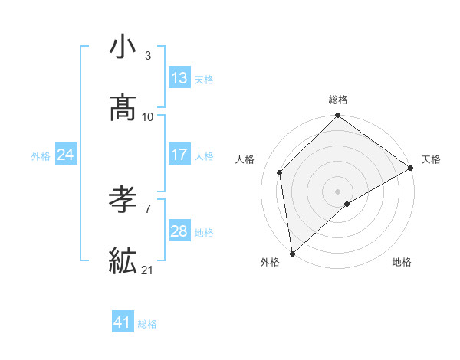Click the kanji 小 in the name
123,47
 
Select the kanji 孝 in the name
123,200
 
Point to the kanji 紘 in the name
123,260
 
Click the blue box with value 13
179,78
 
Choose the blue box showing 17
179,155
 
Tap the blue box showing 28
179,231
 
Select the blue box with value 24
65,155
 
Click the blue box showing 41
123,322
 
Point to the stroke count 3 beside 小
148,56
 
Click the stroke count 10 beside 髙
148,116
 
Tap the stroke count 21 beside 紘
148,270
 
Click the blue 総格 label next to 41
147,324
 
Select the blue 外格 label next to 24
41,156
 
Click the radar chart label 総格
338,100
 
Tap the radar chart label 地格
402,262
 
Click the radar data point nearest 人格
280,172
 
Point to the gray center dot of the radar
338,191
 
